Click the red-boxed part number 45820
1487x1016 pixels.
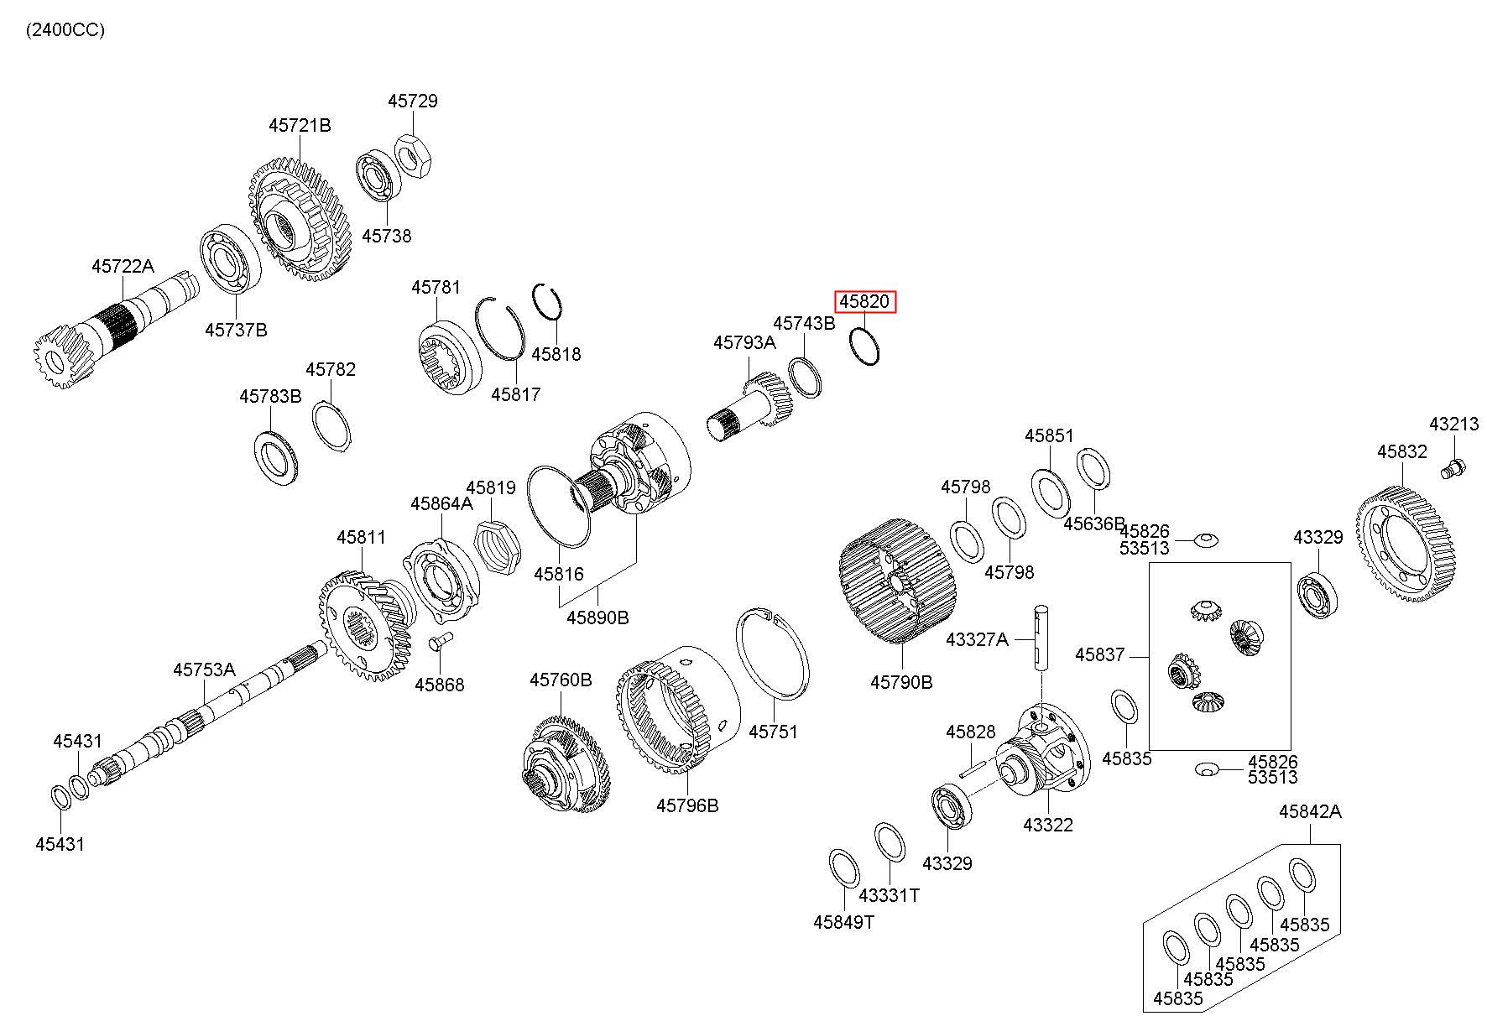click(x=865, y=301)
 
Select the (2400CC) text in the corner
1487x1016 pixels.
click(x=65, y=30)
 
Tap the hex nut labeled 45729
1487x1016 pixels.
click(x=412, y=154)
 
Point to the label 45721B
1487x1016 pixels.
click(x=300, y=125)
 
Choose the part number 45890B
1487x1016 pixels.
click(x=597, y=617)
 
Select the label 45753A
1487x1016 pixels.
click(x=204, y=670)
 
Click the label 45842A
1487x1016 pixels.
click(x=1310, y=811)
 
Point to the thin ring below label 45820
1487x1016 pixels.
click(x=864, y=346)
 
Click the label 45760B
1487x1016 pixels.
click(x=561, y=680)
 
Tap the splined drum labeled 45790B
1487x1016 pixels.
click(x=893, y=581)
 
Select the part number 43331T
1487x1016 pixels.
click(x=889, y=895)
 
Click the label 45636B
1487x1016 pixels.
click(x=1094, y=523)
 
